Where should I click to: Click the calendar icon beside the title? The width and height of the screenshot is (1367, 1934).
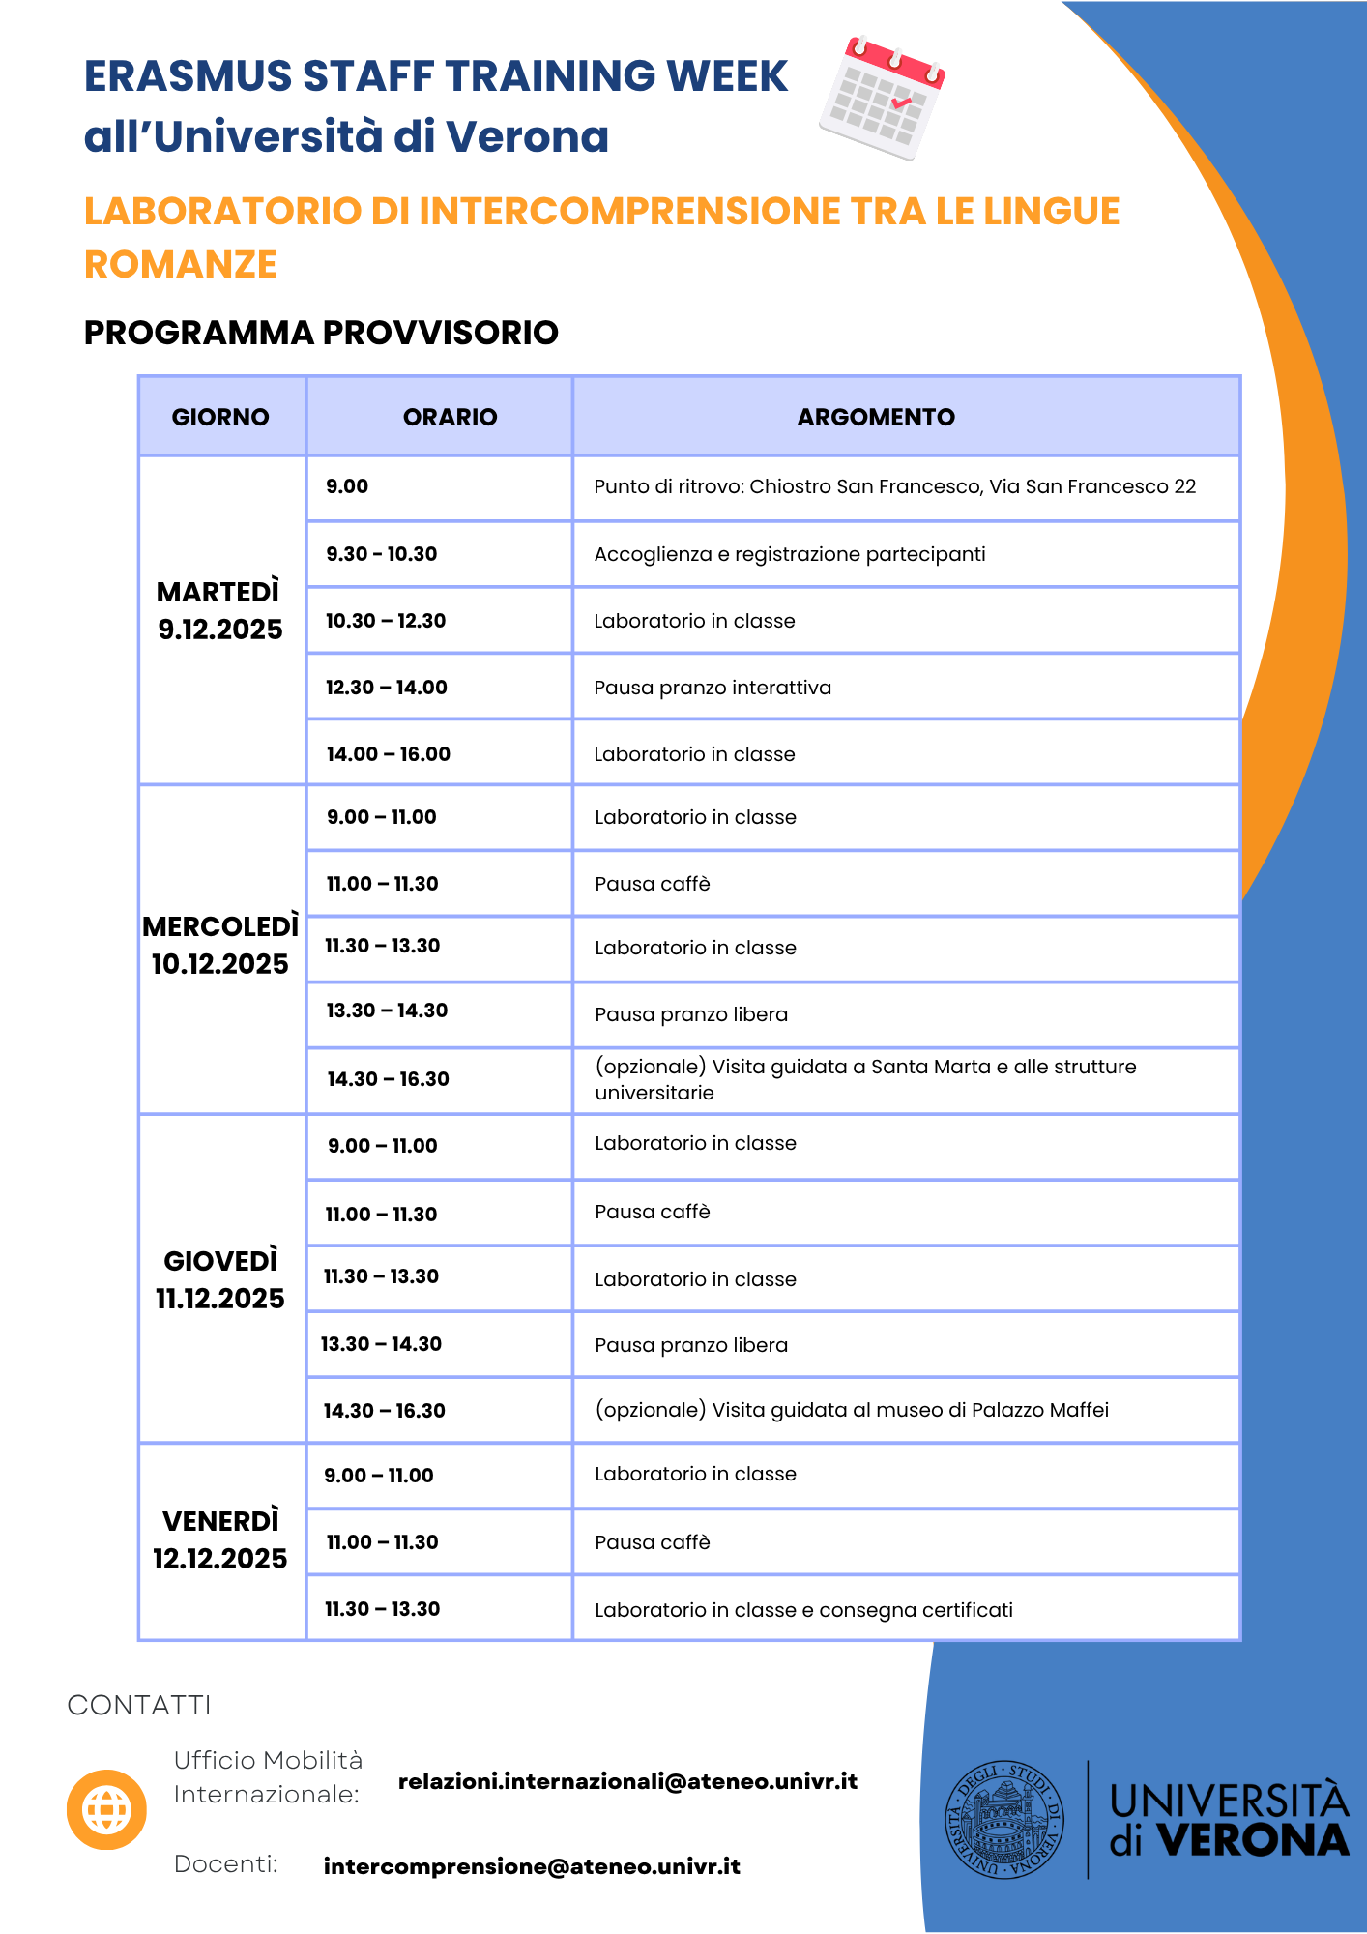click(882, 97)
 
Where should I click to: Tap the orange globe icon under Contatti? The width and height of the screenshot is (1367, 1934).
click(106, 1808)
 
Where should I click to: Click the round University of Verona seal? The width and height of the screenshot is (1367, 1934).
click(1004, 1819)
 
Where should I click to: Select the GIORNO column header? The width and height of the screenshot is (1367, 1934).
click(220, 417)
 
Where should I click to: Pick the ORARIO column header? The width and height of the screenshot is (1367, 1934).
click(450, 417)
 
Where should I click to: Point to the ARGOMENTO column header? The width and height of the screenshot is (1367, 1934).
click(876, 417)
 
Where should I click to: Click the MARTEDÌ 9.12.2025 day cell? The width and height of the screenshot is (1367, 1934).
click(220, 611)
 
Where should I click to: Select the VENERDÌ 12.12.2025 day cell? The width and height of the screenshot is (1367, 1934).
click(220, 1540)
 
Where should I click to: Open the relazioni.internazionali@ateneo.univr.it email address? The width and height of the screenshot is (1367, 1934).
click(627, 1781)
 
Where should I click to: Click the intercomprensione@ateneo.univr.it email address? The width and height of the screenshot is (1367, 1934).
click(532, 1866)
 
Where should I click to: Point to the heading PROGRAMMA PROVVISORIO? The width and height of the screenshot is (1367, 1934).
click(321, 333)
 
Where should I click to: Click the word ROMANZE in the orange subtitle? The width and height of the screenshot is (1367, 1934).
click(181, 264)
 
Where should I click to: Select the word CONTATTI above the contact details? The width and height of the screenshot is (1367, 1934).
click(139, 1705)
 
